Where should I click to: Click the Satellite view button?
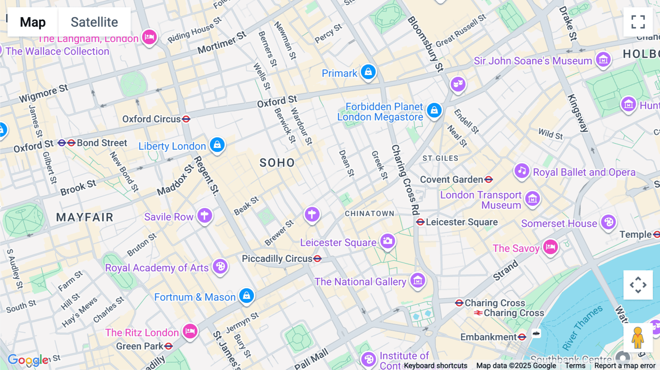94,22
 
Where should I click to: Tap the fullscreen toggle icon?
638,22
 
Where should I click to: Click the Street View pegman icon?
638,337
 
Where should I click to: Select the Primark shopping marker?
368,71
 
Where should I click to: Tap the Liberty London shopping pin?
217,144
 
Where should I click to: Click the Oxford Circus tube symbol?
186,119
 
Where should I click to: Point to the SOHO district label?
277,163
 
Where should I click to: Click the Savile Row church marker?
205,215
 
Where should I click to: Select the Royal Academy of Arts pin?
220,266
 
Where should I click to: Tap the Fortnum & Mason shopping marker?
246,295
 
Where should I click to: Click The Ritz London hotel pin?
190,331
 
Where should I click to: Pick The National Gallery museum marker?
418,280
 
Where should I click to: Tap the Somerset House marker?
609,222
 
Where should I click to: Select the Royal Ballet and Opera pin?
522,171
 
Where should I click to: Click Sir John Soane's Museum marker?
603,59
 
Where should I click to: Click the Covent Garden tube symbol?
488,180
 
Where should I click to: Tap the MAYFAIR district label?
85,217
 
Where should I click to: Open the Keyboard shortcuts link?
436,366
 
